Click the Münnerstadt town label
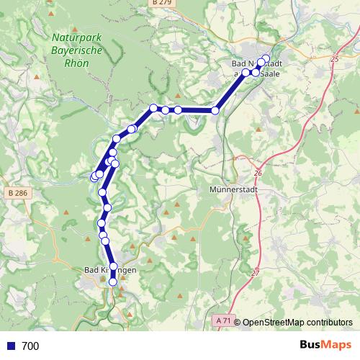(229, 190)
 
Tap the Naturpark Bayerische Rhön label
(77, 50)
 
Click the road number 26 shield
(259, 174)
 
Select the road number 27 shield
(255, 273)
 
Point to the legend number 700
(30, 346)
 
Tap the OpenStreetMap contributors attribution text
(297, 323)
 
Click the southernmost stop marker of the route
(113, 282)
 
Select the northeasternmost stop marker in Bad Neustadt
(266, 58)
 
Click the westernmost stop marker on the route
(94, 176)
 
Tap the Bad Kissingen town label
(110, 269)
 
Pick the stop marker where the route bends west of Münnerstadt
(215, 110)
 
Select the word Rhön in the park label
(77, 63)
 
